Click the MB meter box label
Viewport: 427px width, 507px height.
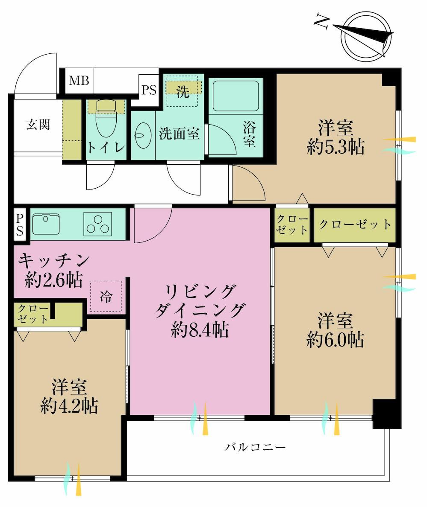click(79, 80)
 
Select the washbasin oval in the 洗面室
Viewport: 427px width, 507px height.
click(143, 135)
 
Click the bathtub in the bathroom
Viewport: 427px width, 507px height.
click(236, 96)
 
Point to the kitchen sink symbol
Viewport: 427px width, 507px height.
click(46, 224)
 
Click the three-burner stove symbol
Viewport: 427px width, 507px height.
click(97, 224)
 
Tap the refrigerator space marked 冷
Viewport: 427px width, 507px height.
click(106, 296)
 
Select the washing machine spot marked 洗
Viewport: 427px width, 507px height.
click(183, 91)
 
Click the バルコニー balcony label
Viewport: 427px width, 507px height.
click(256, 447)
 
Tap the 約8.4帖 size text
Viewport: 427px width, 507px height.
click(200, 330)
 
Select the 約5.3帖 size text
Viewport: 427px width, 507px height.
click(336, 147)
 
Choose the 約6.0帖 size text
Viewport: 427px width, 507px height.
click(335, 340)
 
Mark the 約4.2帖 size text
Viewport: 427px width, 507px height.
click(69, 406)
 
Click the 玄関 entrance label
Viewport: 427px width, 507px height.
click(38, 125)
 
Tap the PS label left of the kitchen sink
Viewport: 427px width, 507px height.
click(20, 224)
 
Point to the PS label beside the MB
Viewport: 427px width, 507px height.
click(149, 90)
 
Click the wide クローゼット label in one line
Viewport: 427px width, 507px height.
click(355, 224)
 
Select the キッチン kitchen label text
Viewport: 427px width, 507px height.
click(54, 260)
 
